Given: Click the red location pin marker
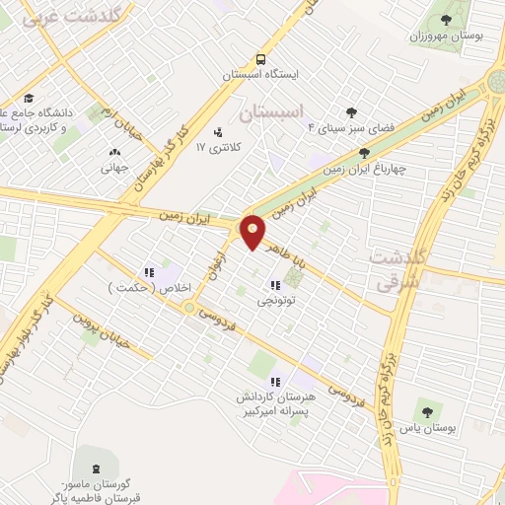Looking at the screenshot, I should (x=253, y=231).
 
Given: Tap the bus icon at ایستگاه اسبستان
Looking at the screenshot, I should (x=258, y=58).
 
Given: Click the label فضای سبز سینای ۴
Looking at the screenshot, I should (x=351, y=127).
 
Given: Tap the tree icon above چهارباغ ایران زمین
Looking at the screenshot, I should (x=365, y=152).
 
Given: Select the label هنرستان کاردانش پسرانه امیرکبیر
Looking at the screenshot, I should (x=275, y=402).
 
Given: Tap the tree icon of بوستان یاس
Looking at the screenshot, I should (x=426, y=412).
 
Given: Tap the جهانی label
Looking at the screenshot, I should (x=115, y=168).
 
